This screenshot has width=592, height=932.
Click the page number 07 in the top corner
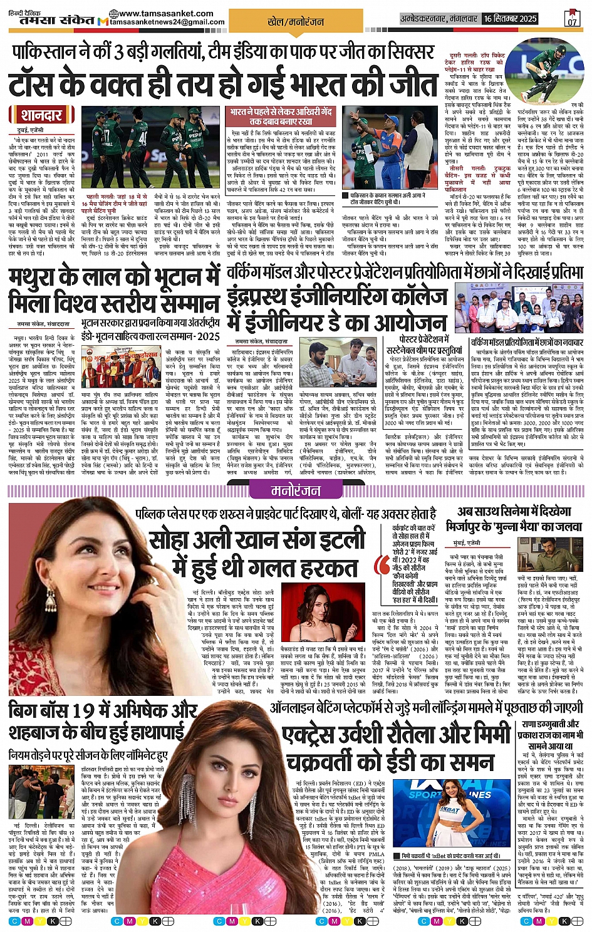[x=572, y=19]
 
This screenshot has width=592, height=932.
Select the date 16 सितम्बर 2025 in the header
[x=510, y=18]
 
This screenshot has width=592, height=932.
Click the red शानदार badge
[x=41, y=115]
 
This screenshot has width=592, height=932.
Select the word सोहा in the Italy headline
[x=172, y=540]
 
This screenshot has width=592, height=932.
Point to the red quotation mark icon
[x=382, y=564]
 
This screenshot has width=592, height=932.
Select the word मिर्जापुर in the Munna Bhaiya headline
[x=471, y=527]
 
